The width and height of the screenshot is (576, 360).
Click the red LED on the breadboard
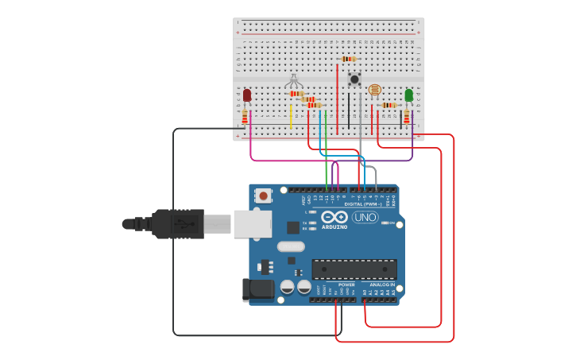pyautogui.click(x=246, y=95)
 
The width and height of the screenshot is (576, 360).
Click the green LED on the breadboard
pyautogui.click(x=408, y=95)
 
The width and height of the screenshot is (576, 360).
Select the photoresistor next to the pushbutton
pyautogui.click(x=375, y=90)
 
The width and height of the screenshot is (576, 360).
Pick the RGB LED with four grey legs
pyautogui.click(x=294, y=81)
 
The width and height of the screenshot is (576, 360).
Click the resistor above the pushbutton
pyautogui.click(x=347, y=59)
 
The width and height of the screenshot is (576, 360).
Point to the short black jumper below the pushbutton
pyautogui.click(x=348, y=111)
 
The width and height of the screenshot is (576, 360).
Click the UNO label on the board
pyautogui.click(x=365, y=217)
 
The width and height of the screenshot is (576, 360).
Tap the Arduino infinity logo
pyautogui.click(x=334, y=217)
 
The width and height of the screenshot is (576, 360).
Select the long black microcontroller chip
pyautogui.click(x=354, y=269)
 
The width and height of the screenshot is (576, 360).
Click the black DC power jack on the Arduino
pyautogui.click(x=257, y=289)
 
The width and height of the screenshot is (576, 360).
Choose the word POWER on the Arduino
pyautogui.click(x=346, y=284)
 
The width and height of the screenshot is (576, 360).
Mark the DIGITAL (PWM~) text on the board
pyautogui.click(x=362, y=204)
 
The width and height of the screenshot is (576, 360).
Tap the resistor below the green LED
pyautogui.click(x=407, y=118)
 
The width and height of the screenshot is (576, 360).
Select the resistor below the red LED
pyautogui.click(x=245, y=118)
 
